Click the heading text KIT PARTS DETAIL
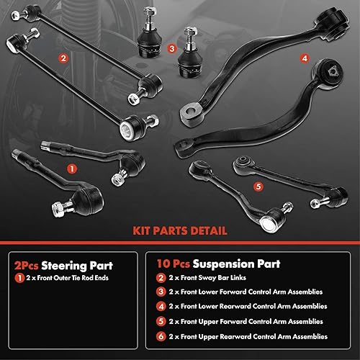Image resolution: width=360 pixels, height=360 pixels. click(x=180, y=231)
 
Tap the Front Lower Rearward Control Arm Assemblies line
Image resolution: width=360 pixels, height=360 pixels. click(x=253, y=307)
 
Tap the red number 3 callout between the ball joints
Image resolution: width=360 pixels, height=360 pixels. click(x=171, y=49)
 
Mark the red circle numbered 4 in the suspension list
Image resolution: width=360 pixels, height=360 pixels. click(x=161, y=307)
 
